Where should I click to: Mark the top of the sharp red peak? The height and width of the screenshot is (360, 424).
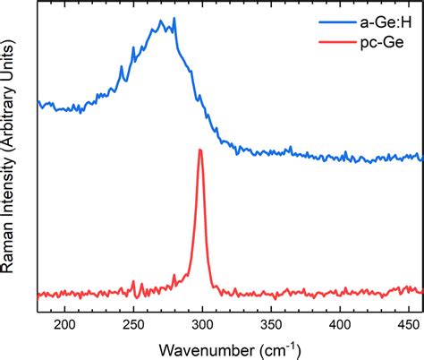point(200,150)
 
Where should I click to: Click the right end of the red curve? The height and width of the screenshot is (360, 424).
point(421,290)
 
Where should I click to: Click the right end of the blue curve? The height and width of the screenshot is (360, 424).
point(421,158)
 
